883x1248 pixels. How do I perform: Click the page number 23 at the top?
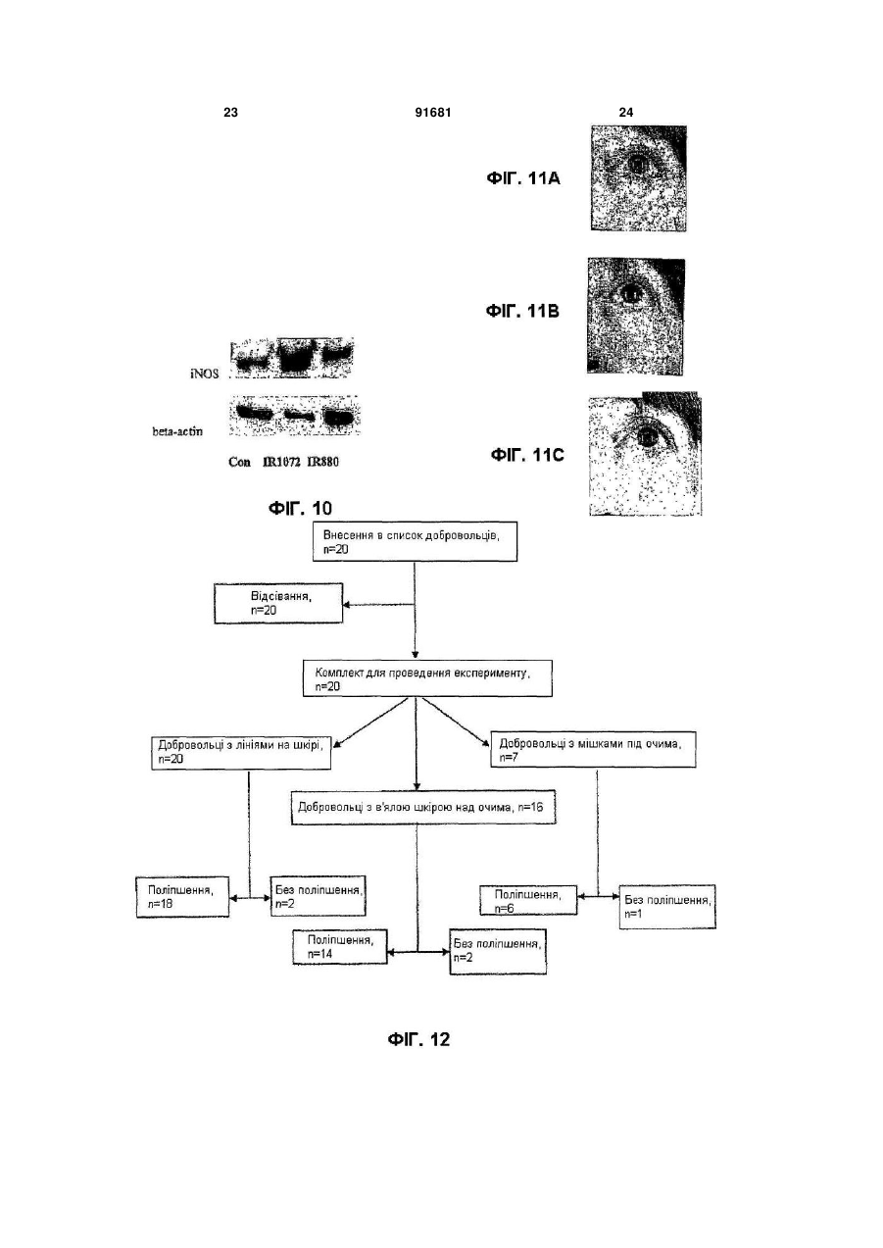pos(230,113)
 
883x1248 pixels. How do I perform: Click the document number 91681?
pos(433,113)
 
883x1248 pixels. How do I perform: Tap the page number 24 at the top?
pos(626,113)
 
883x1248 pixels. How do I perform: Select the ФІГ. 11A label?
pos(523,178)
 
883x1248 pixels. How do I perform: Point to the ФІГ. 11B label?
pos(522,311)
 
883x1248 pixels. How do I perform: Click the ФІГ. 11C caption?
pos(527,455)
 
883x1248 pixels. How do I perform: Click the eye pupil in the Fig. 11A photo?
pos(637,165)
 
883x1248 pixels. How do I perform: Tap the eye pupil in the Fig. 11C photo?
pos(648,436)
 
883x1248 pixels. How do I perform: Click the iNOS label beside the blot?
pos(204,374)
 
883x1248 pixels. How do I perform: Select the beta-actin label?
pos(177,431)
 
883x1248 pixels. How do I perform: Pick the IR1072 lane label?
pos(282,462)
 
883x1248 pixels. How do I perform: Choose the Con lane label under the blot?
pos(239,462)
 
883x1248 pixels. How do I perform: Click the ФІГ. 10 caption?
pos(300,508)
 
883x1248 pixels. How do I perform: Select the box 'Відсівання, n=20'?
pos(278,603)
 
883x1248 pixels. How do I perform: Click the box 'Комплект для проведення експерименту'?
pos(427,678)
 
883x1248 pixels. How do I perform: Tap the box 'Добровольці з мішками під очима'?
pos(593,749)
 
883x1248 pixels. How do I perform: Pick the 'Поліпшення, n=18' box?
pos(182,896)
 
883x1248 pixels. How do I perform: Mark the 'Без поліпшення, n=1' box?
pos(667,907)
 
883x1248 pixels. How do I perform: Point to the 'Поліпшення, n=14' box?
pos(340,946)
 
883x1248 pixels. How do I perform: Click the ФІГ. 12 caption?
pos(418,1039)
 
